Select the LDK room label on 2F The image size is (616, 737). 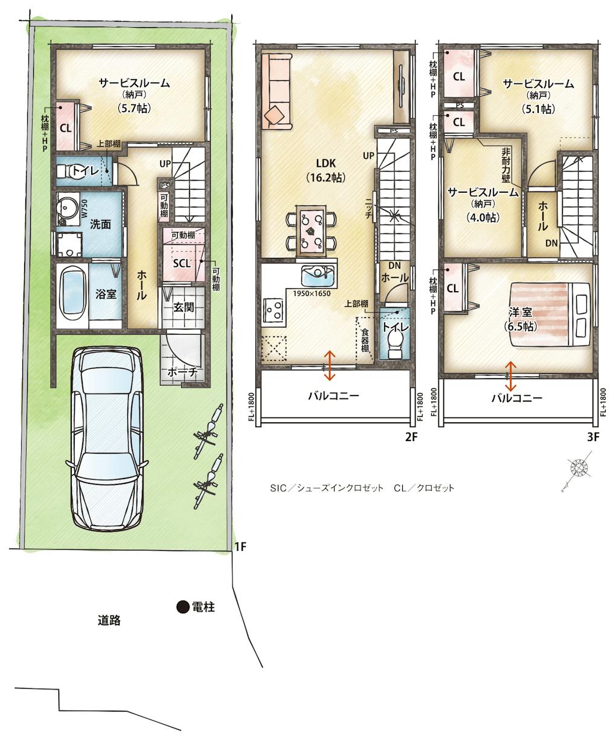pos(326,163)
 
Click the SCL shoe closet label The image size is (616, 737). pos(182,263)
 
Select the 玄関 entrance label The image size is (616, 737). pos(184,307)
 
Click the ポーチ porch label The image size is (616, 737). pos(182,372)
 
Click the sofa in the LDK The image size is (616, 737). pos(277,92)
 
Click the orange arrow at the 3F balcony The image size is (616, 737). pos(510,376)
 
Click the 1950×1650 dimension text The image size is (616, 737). pos(312,292)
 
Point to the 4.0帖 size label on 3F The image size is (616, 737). pos(483,217)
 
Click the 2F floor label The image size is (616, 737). pos(411,437)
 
